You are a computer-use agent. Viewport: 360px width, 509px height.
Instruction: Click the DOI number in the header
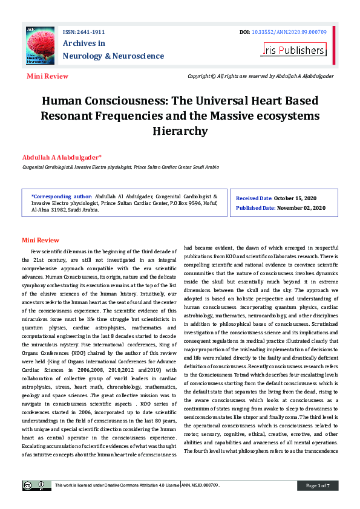(x=293, y=31)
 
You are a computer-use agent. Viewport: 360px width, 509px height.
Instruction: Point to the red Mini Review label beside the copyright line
(x=47, y=76)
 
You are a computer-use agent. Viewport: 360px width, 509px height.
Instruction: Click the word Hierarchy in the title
(x=180, y=131)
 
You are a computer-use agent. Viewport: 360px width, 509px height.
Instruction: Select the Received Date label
(x=254, y=198)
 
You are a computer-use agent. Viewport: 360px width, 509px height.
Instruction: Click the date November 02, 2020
(x=301, y=208)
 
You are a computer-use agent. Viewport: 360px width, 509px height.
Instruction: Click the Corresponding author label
(x=62, y=197)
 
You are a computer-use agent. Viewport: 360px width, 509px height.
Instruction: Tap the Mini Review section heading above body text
(x=41, y=240)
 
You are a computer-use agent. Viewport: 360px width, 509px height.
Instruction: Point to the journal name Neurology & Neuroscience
(x=113, y=56)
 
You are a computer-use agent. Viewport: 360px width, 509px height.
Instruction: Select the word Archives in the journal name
(x=84, y=43)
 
